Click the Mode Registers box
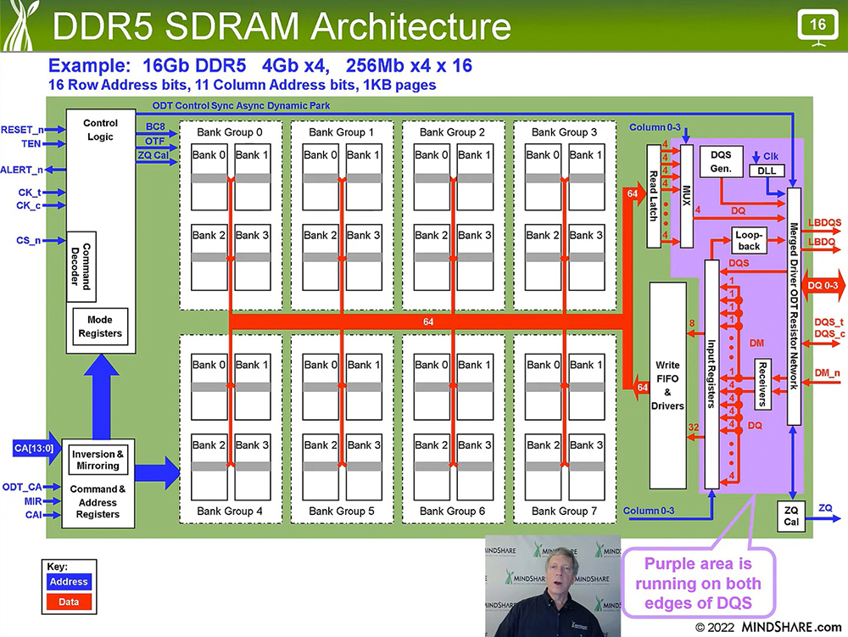coord(99,326)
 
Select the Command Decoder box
coord(81,267)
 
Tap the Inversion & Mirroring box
coord(98,460)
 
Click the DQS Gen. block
coord(721,161)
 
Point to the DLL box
coord(767,170)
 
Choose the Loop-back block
coord(749,240)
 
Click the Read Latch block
coord(654,196)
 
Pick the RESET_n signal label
coord(22,130)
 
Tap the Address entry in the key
coord(69,582)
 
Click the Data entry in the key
coord(69,602)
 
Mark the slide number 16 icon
coord(817,25)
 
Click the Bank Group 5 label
coord(341,511)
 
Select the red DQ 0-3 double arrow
coord(823,285)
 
